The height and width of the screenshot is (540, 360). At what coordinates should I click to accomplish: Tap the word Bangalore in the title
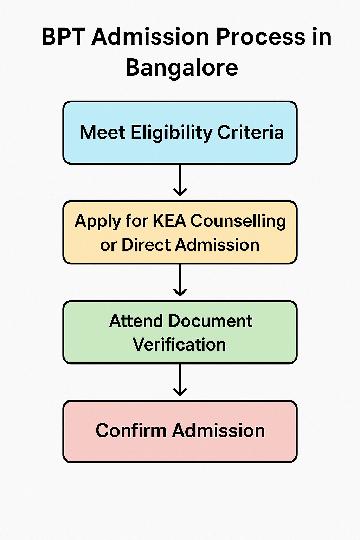pos(181,67)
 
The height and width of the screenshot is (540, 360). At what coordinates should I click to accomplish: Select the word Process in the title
pos(261,37)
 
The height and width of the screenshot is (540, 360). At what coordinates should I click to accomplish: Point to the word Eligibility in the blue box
pos(172,133)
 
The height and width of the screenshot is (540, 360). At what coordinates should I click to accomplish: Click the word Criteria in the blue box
pos(250,133)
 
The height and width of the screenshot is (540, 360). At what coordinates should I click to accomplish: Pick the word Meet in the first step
pos(103,133)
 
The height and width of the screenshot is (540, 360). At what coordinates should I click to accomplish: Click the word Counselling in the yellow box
pos(238,221)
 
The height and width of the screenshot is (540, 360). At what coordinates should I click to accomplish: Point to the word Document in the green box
pos(210,321)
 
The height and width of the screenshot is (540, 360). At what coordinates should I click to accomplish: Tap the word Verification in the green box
pos(179,345)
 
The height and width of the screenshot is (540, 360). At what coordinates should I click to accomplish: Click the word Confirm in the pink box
pos(131,431)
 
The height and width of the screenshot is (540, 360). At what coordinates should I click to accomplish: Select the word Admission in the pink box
pos(218,431)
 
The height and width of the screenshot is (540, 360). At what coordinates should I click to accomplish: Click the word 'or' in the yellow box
pos(108,245)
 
